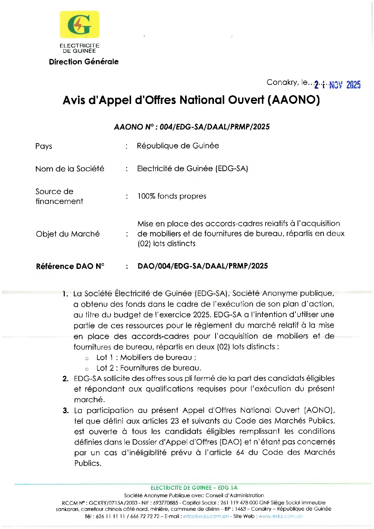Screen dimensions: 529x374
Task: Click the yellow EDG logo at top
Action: [79, 24]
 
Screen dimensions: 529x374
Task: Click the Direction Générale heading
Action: [84, 62]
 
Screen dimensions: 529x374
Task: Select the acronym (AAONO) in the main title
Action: [294, 100]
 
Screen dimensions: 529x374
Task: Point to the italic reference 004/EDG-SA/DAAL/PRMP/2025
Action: [215, 127]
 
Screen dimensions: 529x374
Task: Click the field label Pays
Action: [44, 146]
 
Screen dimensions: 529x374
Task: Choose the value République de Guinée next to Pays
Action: [178, 146]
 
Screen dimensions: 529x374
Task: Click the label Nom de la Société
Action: [70, 169]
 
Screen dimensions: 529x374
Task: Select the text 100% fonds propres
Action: [172, 196]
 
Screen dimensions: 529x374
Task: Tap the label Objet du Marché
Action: [68, 234]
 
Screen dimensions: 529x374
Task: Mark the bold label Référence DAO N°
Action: [70, 266]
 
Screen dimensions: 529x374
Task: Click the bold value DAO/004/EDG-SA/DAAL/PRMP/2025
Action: [203, 266]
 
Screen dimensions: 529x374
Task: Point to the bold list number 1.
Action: [65, 294]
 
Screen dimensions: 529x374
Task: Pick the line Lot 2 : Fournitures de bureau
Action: [149, 368]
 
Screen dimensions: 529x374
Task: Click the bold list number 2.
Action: [65, 379]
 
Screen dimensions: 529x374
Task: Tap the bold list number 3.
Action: [65, 411]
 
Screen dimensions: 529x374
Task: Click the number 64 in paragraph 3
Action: [240, 452]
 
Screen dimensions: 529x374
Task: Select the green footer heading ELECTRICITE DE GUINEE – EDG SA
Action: [194, 488]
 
